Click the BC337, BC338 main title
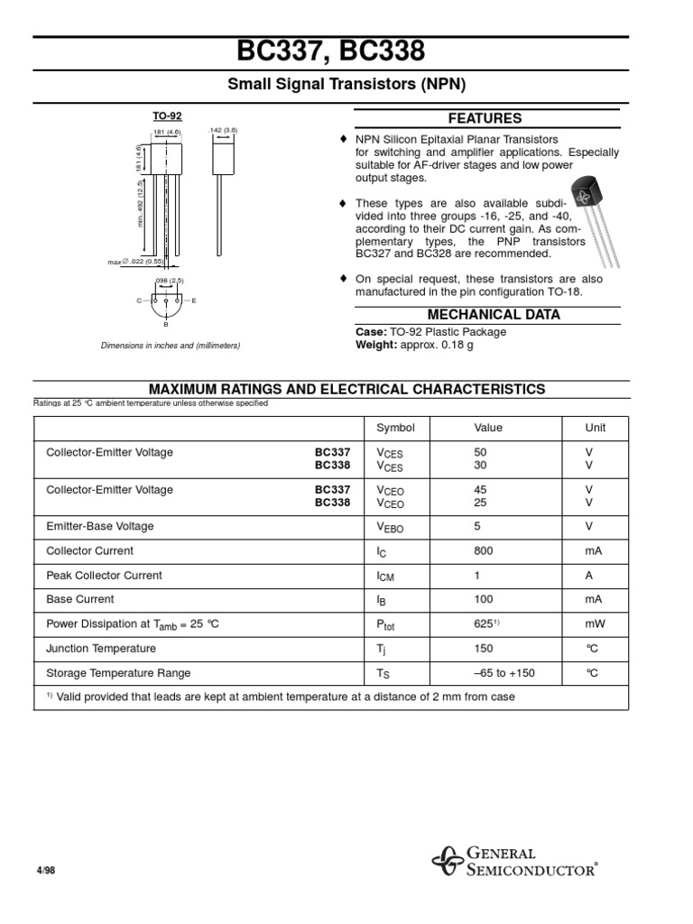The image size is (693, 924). [346, 51]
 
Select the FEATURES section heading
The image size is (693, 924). [485, 118]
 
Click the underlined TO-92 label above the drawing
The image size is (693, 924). [167, 116]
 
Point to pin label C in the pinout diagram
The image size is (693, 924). [138, 300]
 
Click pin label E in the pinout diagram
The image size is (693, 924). [194, 300]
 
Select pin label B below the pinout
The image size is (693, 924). [166, 324]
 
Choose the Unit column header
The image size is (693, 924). [596, 428]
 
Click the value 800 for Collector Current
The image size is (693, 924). [484, 550]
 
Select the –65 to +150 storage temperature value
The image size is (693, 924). [504, 673]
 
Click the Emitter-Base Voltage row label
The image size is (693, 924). [100, 526]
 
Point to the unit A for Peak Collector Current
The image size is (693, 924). [589, 575]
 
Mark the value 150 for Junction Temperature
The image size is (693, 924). [484, 648]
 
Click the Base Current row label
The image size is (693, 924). [80, 599]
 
